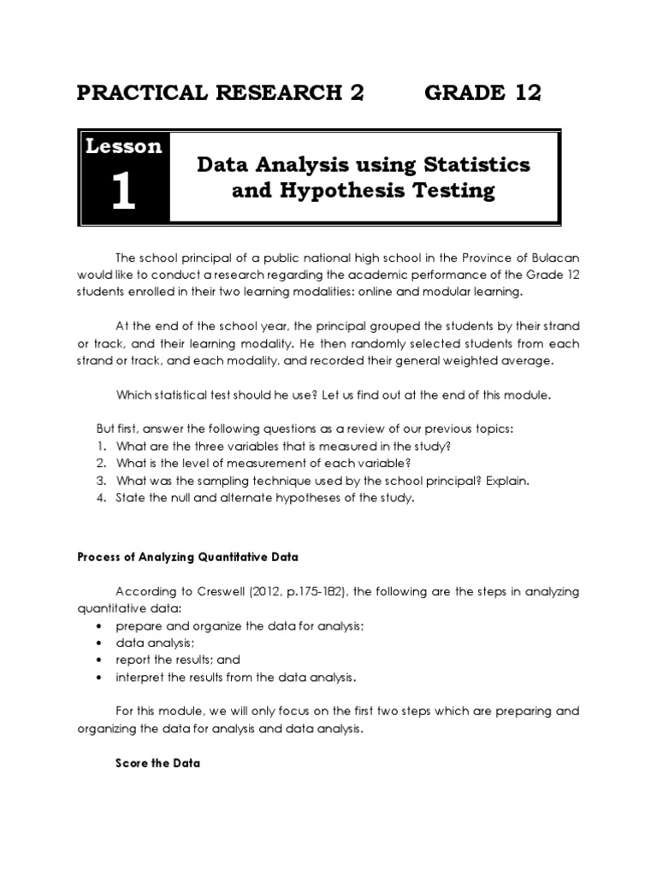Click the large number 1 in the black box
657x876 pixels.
pos(124,192)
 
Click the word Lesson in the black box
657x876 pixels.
pos(124,146)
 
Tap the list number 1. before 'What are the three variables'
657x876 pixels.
pos(100,447)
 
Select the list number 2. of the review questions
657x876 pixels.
pos(100,464)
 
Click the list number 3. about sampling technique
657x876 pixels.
pos(100,481)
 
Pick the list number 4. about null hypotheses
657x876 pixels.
pos(100,498)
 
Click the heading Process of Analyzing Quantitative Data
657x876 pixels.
pos(187,557)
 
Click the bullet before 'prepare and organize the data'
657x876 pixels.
pos(101,626)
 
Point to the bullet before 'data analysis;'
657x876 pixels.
pos(101,643)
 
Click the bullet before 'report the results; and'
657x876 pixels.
pos(101,660)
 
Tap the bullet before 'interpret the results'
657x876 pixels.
pos(101,678)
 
